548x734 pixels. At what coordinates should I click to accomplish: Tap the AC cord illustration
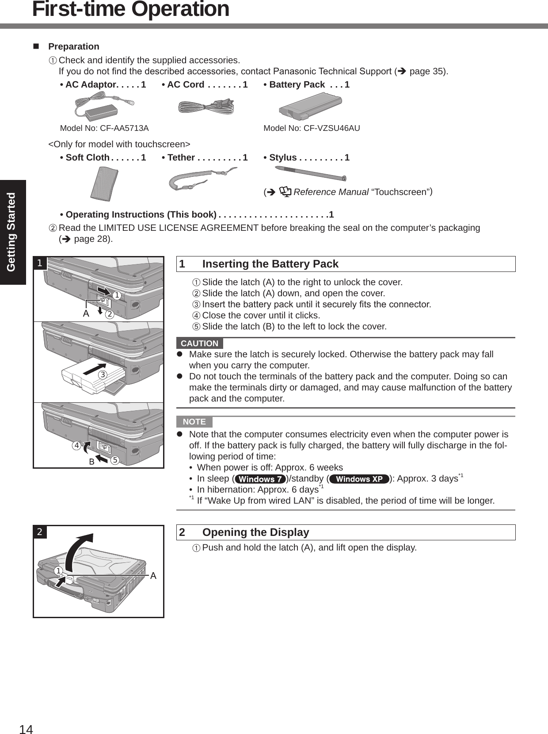pos(206,107)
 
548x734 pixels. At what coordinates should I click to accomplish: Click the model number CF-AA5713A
pos(104,128)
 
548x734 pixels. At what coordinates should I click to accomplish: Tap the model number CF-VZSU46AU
pos(312,128)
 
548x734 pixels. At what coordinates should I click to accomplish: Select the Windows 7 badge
pos(261,479)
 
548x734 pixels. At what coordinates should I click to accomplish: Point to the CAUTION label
pos(199,343)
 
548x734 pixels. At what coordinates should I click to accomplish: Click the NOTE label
pos(194,421)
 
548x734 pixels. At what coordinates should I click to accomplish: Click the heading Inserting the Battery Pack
pos(270,264)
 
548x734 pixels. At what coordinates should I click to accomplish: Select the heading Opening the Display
pos(255,532)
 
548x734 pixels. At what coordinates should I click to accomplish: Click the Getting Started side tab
pos(12,232)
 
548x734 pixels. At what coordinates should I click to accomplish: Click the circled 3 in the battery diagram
pos(103,375)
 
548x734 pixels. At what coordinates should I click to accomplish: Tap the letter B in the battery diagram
pos(92,462)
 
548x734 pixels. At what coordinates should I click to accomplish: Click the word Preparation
pos(73,46)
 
